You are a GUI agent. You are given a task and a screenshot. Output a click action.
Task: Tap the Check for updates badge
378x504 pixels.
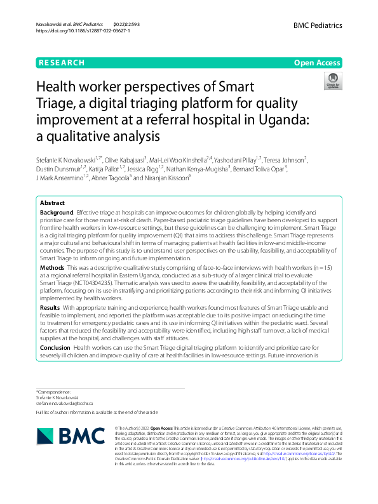coord(333,81)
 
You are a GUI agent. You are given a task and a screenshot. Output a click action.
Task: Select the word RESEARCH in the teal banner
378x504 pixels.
coord(62,62)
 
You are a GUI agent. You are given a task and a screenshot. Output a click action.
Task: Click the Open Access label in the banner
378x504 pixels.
coord(318,62)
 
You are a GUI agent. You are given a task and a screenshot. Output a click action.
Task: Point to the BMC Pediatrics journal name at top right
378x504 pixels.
coord(318,25)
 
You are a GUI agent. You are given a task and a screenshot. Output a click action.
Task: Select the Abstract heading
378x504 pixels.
coord(53,203)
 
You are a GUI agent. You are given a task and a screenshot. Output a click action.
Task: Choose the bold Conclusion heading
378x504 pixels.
coord(55,348)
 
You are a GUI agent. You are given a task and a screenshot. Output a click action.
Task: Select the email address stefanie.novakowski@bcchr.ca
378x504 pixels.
coord(65,403)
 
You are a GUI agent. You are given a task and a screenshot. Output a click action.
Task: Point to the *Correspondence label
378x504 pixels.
coord(53,393)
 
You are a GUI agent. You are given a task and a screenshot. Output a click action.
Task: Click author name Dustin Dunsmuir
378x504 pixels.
coord(58,168)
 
